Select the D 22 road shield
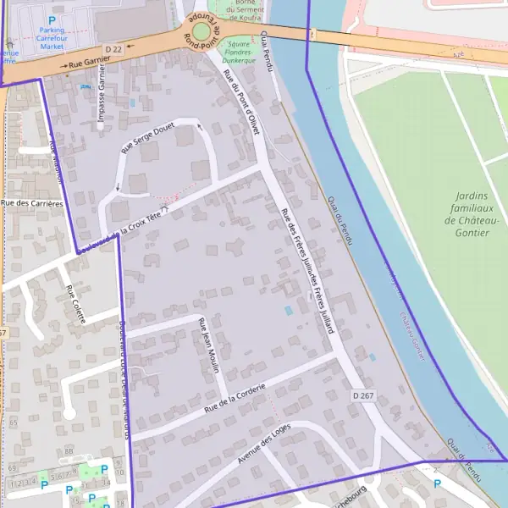[114, 50]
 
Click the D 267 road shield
[363, 395]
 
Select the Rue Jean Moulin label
[208, 345]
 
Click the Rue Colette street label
[75, 304]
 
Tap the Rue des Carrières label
[32, 203]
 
